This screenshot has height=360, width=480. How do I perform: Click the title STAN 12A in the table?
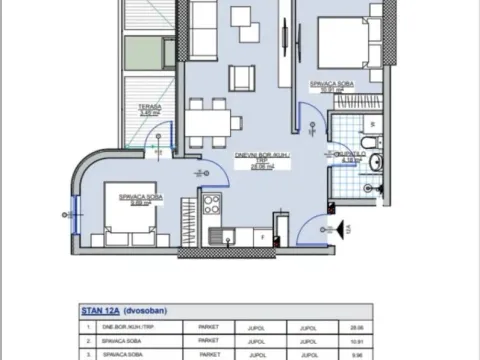(x=98, y=311)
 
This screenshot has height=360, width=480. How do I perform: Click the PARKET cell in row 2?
(x=209, y=339)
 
